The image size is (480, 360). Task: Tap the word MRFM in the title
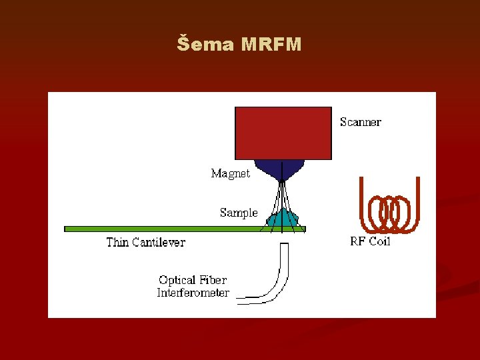(271, 45)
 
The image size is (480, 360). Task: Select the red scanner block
(283, 133)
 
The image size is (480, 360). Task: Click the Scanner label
(361, 122)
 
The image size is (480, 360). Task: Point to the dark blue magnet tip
(281, 170)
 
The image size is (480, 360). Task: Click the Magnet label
(231, 173)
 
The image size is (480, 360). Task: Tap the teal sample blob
(282, 218)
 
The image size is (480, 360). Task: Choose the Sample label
(239, 213)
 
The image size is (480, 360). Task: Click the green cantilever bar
(167, 229)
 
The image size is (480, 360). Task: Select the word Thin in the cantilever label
(117, 242)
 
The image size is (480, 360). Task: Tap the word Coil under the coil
(379, 241)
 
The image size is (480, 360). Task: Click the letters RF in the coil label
(358, 241)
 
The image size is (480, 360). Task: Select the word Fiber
(213, 280)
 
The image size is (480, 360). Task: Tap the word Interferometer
(193, 293)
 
